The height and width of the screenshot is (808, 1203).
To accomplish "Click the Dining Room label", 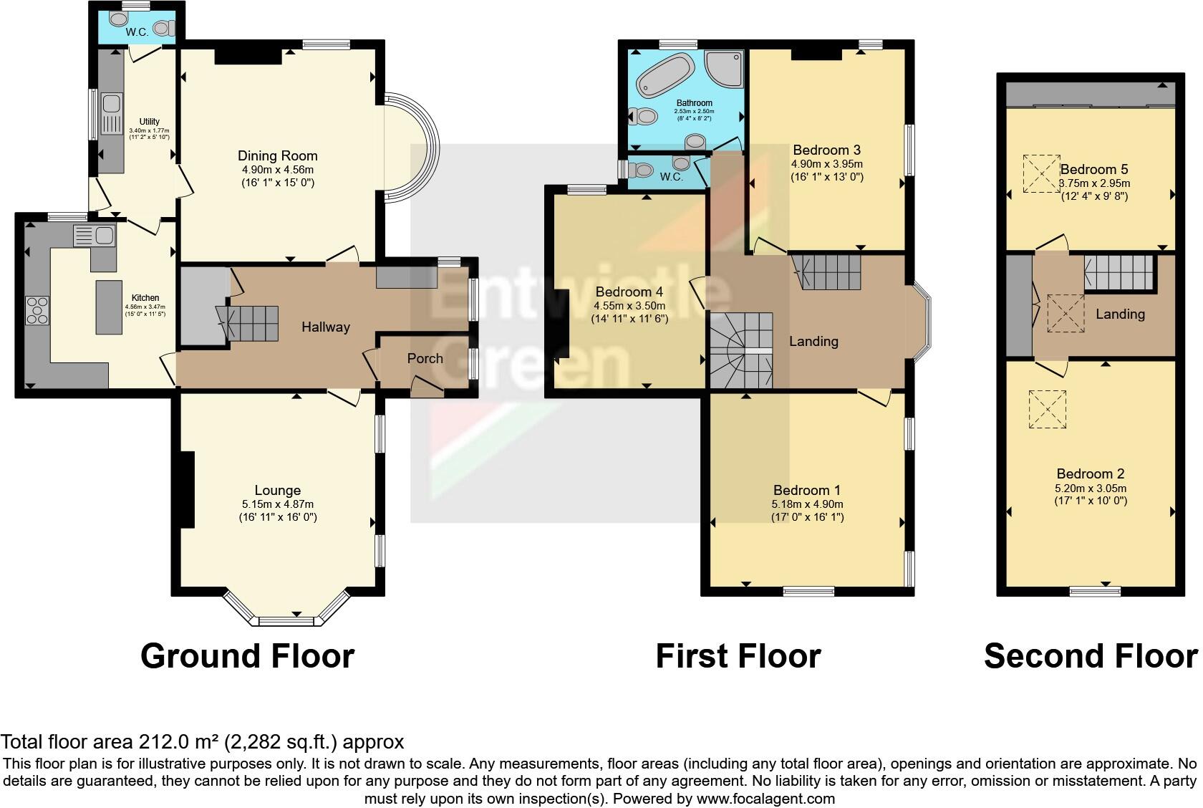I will (x=277, y=155).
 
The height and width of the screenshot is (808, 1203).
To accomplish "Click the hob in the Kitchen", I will (x=37, y=310).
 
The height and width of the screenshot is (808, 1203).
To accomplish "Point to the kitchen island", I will (x=109, y=307).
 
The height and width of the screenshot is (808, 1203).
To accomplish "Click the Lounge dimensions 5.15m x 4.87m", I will (x=277, y=504).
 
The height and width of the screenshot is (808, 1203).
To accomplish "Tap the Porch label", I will (x=425, y=358).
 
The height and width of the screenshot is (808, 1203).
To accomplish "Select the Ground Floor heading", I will (x=247, y=655).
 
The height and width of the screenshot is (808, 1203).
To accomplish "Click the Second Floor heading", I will (x=1090, y=655).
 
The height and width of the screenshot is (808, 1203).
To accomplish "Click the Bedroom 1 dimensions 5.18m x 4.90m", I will (x=806, y=504).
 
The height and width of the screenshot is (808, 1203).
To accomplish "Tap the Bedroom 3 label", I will (x=826, y=150).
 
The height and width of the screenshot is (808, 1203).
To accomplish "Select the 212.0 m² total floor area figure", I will (x=176, y=741).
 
